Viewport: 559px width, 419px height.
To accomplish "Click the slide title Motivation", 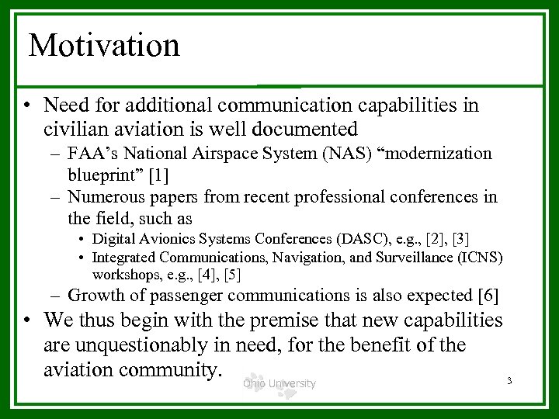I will tap(104, 45).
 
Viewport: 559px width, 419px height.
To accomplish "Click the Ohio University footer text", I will tap(279, 383).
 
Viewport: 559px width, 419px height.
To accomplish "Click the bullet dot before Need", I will tap(28, 105).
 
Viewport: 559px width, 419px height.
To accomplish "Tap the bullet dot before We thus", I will tap(28, 320).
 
